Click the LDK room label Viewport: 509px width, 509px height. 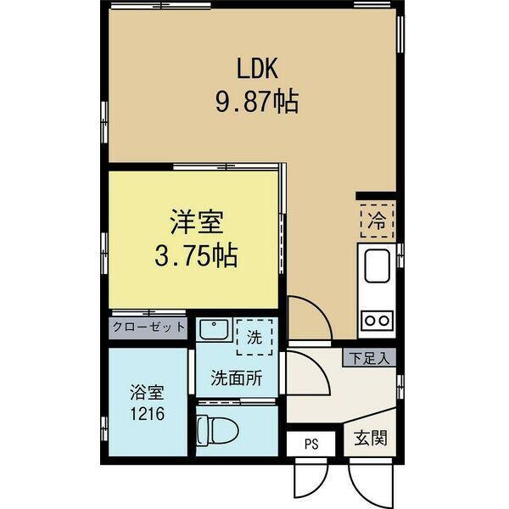click(254, 67)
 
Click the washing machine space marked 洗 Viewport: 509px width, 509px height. click(254, 336)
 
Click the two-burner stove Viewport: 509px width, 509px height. click(376, 321)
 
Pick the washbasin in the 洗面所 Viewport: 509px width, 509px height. click(214, 329)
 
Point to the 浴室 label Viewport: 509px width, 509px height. click(146, 393)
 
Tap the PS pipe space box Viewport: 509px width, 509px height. click(311, 441)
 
